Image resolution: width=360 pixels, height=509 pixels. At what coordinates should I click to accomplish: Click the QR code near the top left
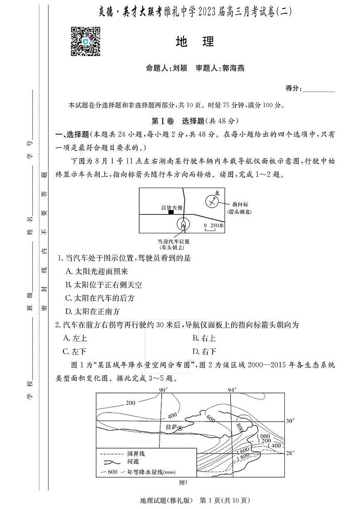click(x=85, y=41)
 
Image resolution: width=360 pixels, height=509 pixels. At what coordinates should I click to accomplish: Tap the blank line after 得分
click(x=319, y=89)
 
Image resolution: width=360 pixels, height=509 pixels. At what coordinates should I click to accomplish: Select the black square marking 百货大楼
click(x=170, y=212)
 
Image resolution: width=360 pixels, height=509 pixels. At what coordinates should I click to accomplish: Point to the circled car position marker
click(x=183, y=223)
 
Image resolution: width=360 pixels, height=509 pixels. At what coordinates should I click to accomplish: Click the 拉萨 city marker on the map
click(x=180, y=428)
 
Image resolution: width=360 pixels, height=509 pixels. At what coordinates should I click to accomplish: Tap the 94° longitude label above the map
click(x=233, y=390)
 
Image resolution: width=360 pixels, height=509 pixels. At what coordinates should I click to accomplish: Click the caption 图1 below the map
click(x=184, y=482)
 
